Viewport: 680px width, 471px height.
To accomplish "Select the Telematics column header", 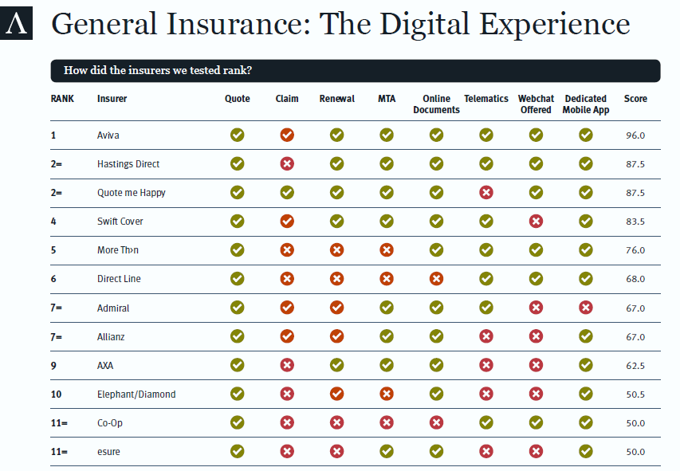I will coord(485,99).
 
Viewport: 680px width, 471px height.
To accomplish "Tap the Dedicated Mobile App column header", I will coord(585,104).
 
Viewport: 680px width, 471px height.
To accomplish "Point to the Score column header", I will coord(635,99).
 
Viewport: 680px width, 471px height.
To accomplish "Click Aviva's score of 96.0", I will coord(635,135).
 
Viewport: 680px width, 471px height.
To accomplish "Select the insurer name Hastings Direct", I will coord(128,164).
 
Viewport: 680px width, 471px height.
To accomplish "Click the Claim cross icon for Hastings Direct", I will coord(287,164).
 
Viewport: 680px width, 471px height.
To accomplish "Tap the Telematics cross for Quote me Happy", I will coord(485,193).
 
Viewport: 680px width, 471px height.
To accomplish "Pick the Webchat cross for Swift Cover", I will coord(536,222).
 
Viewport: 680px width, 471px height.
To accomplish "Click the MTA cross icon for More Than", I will coord(386,250).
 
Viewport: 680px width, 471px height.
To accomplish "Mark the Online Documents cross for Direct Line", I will coord(436,279).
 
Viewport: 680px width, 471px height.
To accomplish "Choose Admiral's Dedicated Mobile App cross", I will coord(585,308).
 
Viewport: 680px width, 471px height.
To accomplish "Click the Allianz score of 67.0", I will coord(635,337).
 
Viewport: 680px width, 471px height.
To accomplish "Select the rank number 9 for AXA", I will coord(53,366).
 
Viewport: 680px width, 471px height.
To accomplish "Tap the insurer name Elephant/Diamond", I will coord(136,394).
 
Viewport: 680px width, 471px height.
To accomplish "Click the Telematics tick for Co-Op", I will coord(485,423).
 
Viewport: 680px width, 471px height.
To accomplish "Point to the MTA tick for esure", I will coord(386,452).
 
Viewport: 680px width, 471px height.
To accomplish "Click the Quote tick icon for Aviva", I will coord(237,135).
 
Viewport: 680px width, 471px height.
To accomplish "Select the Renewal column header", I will coord(336,99).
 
